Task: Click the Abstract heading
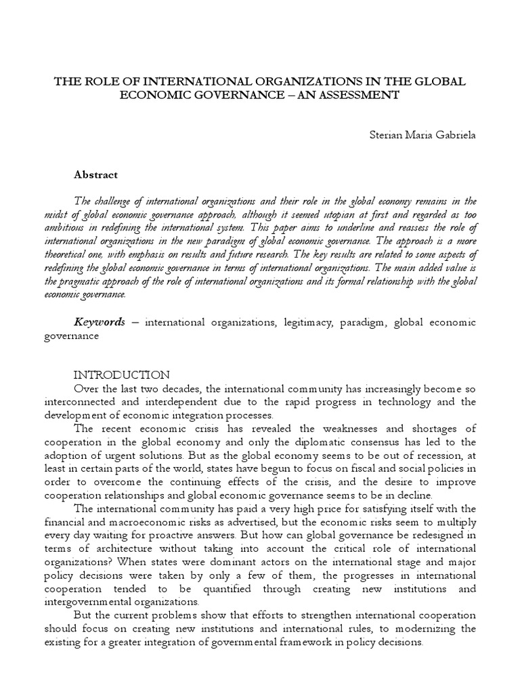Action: coord(95,174)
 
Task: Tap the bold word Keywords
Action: coord(99,322)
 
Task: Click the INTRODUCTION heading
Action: coord(121,375)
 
